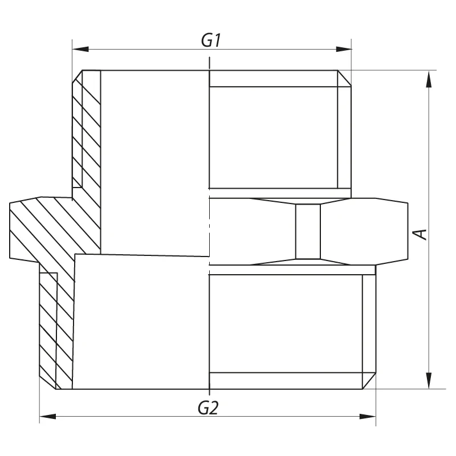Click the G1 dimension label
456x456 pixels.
(211, 40)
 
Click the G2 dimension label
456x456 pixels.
(208, 408)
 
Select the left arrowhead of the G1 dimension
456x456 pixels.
(80, 49)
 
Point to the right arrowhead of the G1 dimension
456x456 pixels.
(344, 49)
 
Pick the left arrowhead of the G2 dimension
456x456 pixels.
(48, 417)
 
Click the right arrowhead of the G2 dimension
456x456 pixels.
(368, 417)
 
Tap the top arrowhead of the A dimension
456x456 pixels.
(429, 79)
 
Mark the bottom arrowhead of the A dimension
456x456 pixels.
(429, 380)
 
